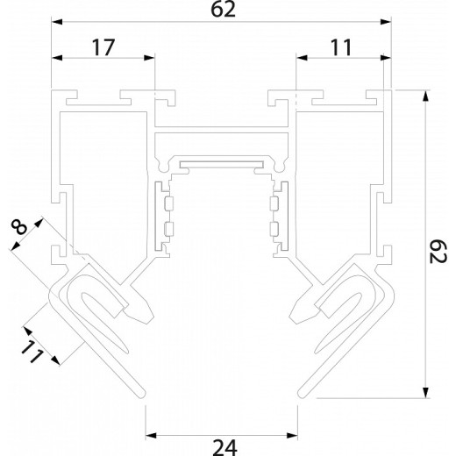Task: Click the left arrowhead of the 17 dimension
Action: pos(57,59)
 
